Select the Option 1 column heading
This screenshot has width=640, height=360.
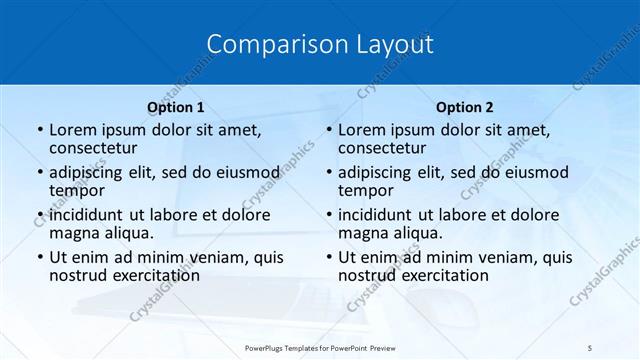point(175,107)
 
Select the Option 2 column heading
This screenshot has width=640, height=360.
point(464,107)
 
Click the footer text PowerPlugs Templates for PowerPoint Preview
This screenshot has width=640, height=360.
point(320,349)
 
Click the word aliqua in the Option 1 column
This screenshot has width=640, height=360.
point(128,233)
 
